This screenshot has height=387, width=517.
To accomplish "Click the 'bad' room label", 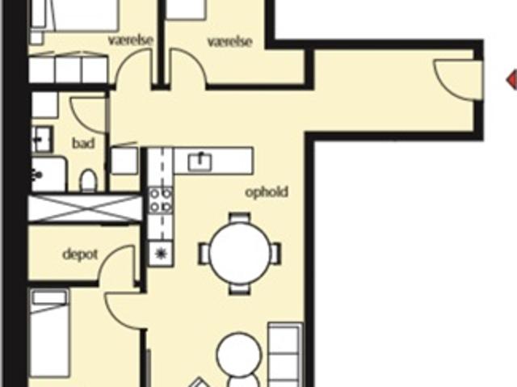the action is (83, 143).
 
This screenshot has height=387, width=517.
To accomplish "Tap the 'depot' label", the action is (80, 254).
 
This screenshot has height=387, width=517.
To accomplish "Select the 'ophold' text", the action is (267, 192).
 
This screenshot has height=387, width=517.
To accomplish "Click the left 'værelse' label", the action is (131, 40).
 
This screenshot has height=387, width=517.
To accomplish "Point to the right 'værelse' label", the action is (229, 42).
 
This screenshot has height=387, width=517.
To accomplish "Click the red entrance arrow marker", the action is (511, 79).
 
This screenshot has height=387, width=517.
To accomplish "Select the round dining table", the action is (240, 254).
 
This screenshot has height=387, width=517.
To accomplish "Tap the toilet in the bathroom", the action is (89, 180).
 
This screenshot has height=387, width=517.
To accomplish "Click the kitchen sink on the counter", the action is (200, 162).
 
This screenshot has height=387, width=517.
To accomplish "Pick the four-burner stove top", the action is (161, 200).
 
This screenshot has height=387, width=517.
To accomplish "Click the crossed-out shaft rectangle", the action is (86, 208).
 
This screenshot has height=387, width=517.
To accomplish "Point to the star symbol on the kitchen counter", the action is (161, 253).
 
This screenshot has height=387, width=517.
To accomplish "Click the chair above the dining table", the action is (240, 217).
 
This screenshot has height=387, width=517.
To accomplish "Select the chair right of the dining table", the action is (275, 254).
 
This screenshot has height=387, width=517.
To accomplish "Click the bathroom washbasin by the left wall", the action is (42, 139).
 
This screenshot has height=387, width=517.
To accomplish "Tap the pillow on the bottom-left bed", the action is (49, 298).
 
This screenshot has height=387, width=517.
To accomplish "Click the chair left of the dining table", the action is (204, 254).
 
